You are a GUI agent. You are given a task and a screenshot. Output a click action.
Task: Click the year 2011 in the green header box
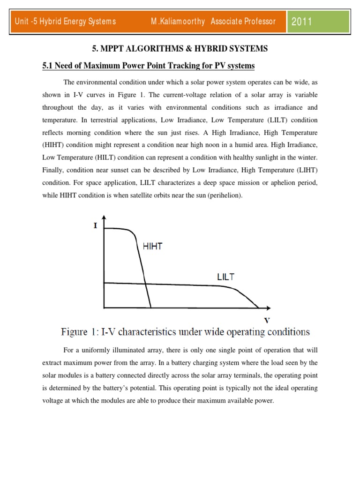302,22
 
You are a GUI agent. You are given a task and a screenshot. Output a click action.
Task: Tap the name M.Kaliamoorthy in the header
178,22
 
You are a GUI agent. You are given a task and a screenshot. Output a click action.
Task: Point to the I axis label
96,225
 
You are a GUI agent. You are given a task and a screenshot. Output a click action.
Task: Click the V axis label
267,321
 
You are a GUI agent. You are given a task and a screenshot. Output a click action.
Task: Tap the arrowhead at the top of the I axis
104,217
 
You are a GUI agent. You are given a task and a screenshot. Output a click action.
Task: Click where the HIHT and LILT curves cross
145,283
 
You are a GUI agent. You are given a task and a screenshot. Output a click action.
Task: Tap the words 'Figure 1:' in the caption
79,332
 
